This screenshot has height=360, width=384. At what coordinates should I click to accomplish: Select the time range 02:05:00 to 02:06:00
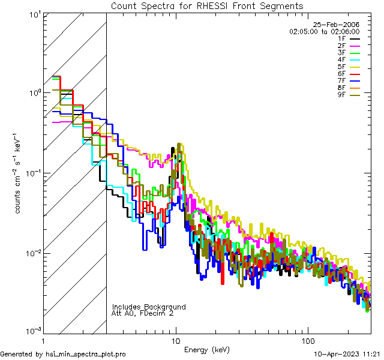(x=324, y=31)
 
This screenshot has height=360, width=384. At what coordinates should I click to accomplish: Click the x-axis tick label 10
(x=176, y=340)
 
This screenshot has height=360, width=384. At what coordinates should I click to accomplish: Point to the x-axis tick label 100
(x=307, y=340)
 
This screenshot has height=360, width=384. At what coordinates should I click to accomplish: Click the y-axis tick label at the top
(x=33, y=14)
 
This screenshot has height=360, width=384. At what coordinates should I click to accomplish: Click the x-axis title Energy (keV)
(x=207, y=349)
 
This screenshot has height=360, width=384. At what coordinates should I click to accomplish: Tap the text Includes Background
(x=149, y=307)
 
